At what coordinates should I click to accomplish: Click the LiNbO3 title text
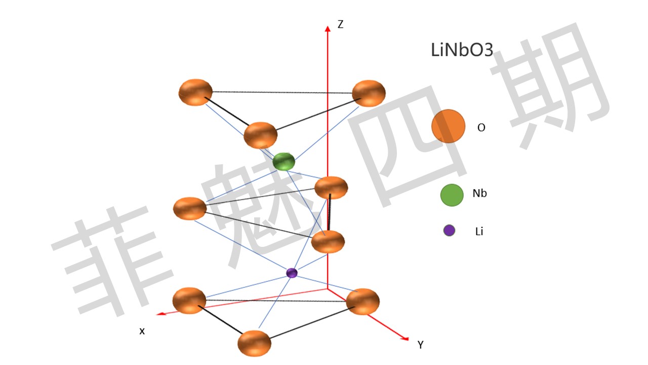click(x=462, y=50)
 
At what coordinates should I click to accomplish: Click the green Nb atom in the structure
click(x=283, y=162)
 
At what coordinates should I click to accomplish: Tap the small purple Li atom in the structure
click(x=292, y=273)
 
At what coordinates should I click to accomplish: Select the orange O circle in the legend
click(x=448, y=126)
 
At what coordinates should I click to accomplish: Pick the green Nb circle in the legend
click(x=452, y=195)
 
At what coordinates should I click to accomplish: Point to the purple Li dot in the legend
click(x=449, y=231)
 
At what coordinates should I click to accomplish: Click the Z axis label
click(x=340, y=24)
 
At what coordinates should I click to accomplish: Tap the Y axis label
click(x=420, y=345)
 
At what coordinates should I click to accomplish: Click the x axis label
click(x=142, y=331)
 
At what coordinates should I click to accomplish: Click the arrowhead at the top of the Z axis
click(x=328, y=28)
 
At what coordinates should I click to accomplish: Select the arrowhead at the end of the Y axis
click(x=404, y=338)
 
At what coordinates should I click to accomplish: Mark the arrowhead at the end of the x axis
click(x=160, y=314)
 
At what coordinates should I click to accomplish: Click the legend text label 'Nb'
click(x=479, y=193)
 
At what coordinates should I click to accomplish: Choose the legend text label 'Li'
click(x=479, y=232)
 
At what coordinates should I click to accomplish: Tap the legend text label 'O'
click(x=481, y=128)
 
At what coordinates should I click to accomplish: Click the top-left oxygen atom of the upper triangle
click(x=195, y=92)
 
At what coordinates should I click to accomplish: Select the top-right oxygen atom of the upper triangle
click(x=369, y=93)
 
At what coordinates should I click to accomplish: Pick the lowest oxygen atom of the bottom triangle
click(x=254, y=343)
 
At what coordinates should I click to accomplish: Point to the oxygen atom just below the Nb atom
click(x=331, y=188)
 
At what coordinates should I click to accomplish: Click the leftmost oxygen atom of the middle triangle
click(x=190, y=208)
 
